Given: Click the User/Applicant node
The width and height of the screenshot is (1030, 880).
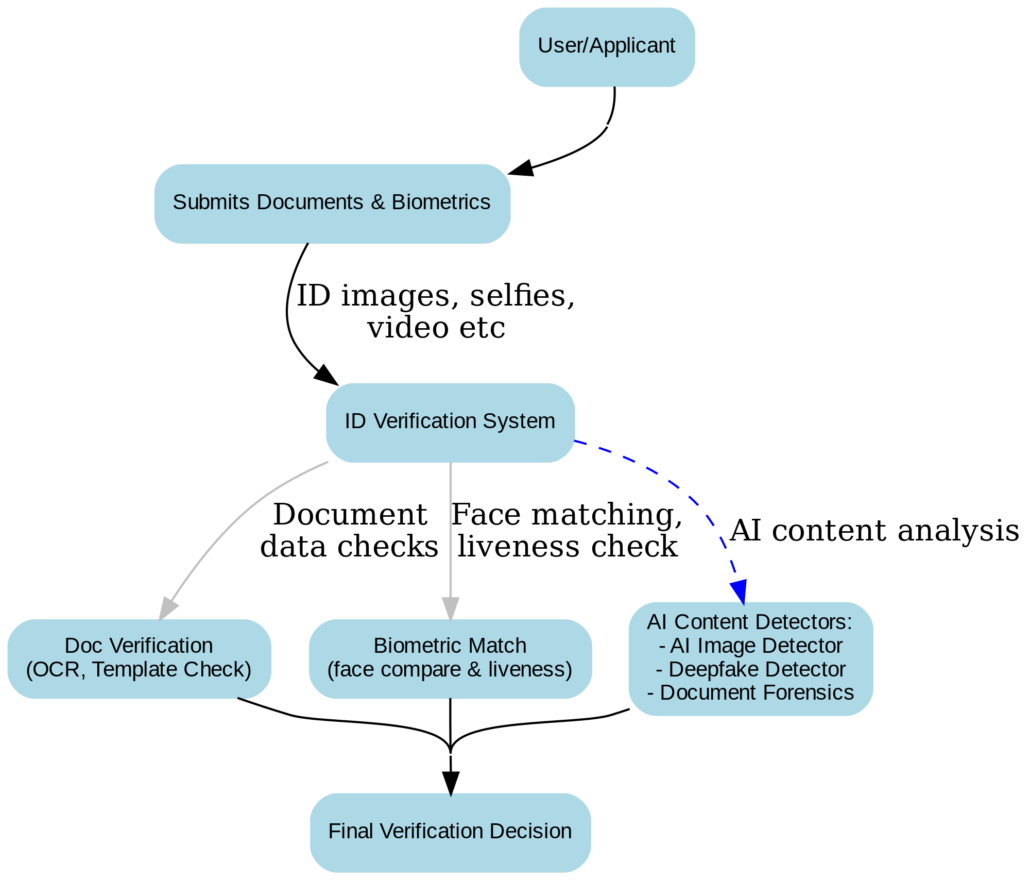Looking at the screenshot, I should (x=607, y=47).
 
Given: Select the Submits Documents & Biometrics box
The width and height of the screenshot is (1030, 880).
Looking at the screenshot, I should (x=332, y=204).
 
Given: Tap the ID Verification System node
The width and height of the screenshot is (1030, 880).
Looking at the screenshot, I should (x=450, y=422).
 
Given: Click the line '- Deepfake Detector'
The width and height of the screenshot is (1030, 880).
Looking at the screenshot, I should (x=750, y=670).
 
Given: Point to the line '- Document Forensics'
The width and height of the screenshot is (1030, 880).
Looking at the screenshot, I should (x=750, y=693).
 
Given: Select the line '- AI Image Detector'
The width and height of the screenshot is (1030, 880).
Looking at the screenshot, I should (x=750, y=646).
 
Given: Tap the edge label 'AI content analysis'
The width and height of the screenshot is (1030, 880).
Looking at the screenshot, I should (x=874, y=531).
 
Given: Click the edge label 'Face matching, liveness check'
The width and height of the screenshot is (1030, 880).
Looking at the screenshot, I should (x=566, y=531).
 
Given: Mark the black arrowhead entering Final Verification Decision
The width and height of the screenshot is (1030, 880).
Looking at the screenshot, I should (x=450, y=783).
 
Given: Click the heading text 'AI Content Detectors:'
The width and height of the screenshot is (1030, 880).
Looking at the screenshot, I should (x=750, y=622).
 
